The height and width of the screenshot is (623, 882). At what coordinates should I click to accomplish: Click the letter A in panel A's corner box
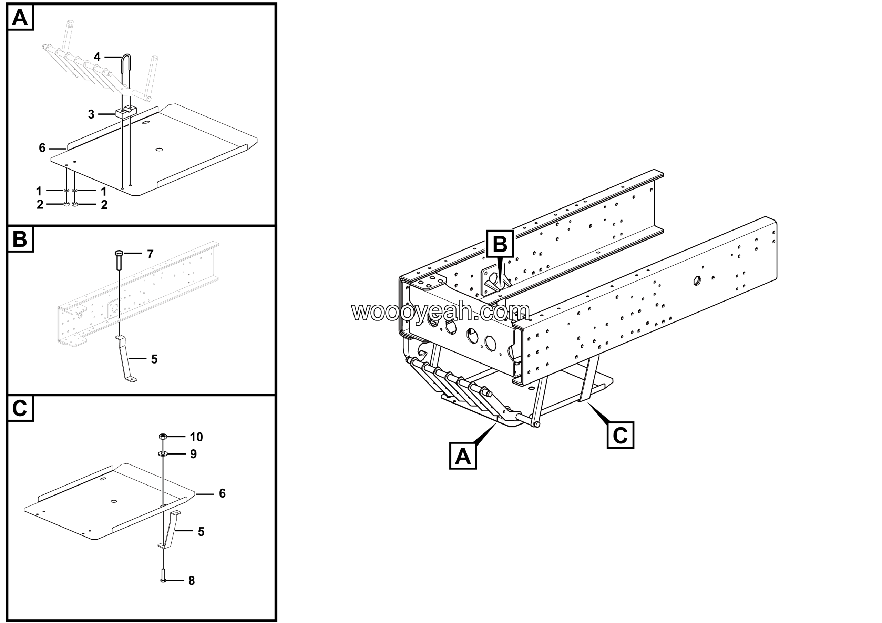click(x=20, y=18)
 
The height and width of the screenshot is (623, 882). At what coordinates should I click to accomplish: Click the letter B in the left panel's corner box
click(x=20, y=239)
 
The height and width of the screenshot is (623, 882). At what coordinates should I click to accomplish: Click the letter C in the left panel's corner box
click(x=20, y=408)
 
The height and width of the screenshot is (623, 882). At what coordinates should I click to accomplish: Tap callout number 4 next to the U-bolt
click(x=97, y=57)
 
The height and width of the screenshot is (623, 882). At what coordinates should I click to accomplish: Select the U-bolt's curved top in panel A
click(x=126, y=58)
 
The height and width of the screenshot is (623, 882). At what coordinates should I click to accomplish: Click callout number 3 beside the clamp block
click(x=91, y=114)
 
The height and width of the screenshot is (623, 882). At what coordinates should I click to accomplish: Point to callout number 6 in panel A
click(x=42, y=148)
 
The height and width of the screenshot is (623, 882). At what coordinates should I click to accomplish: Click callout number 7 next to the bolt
click(x=150, y=254)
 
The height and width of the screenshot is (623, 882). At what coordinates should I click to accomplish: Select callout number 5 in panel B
click(x=154, y=359)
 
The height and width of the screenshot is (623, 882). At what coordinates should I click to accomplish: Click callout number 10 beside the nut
click(x=196, y=437)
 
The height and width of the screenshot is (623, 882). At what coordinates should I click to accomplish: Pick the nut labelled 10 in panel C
click(x=163, y=436)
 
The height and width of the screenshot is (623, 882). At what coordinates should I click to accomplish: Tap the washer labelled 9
click(x=163, y=454)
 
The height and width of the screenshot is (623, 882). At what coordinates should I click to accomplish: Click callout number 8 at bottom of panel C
click(x=192, y=581)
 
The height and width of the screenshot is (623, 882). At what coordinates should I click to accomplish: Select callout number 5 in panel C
click(x=201, y=532)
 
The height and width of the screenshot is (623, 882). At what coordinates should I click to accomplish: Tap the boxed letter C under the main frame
click(x=620, y=435)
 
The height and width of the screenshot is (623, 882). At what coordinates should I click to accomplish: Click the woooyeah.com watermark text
click(x=440, y=311)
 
